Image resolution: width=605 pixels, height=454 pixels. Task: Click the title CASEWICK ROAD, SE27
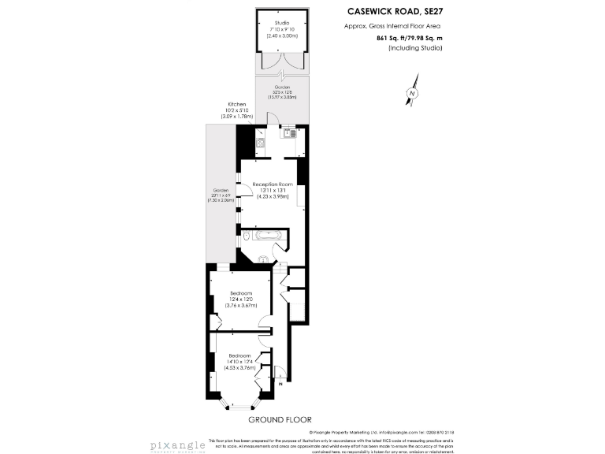395,12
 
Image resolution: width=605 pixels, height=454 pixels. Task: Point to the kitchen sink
291,132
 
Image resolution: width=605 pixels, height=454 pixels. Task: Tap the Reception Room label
273,188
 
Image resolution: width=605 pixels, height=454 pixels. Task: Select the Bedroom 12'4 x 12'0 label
240,299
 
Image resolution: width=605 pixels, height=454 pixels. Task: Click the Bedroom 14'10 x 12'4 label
240,361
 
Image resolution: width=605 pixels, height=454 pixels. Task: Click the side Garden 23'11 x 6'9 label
221,195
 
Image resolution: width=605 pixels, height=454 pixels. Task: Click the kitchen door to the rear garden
273,118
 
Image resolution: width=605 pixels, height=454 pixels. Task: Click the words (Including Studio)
415,48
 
